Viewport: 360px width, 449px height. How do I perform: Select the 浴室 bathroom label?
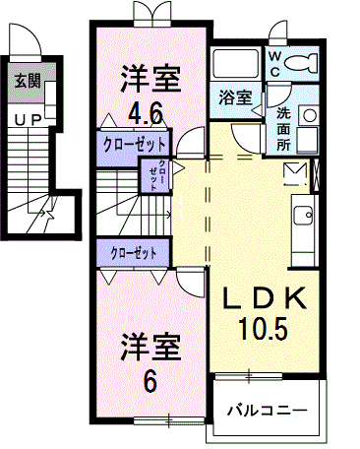234,98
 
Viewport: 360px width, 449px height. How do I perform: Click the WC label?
275,64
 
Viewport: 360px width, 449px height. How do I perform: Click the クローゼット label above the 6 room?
135,253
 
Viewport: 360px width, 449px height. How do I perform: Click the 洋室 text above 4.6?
150,75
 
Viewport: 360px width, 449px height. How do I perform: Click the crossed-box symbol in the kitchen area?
296,174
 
